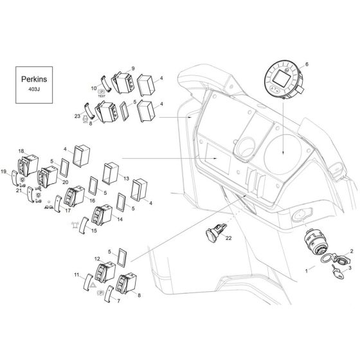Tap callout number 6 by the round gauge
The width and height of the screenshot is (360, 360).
307,64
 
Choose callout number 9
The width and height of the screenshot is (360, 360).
133,68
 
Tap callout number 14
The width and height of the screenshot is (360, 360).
120,219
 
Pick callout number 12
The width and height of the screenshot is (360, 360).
97,258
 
